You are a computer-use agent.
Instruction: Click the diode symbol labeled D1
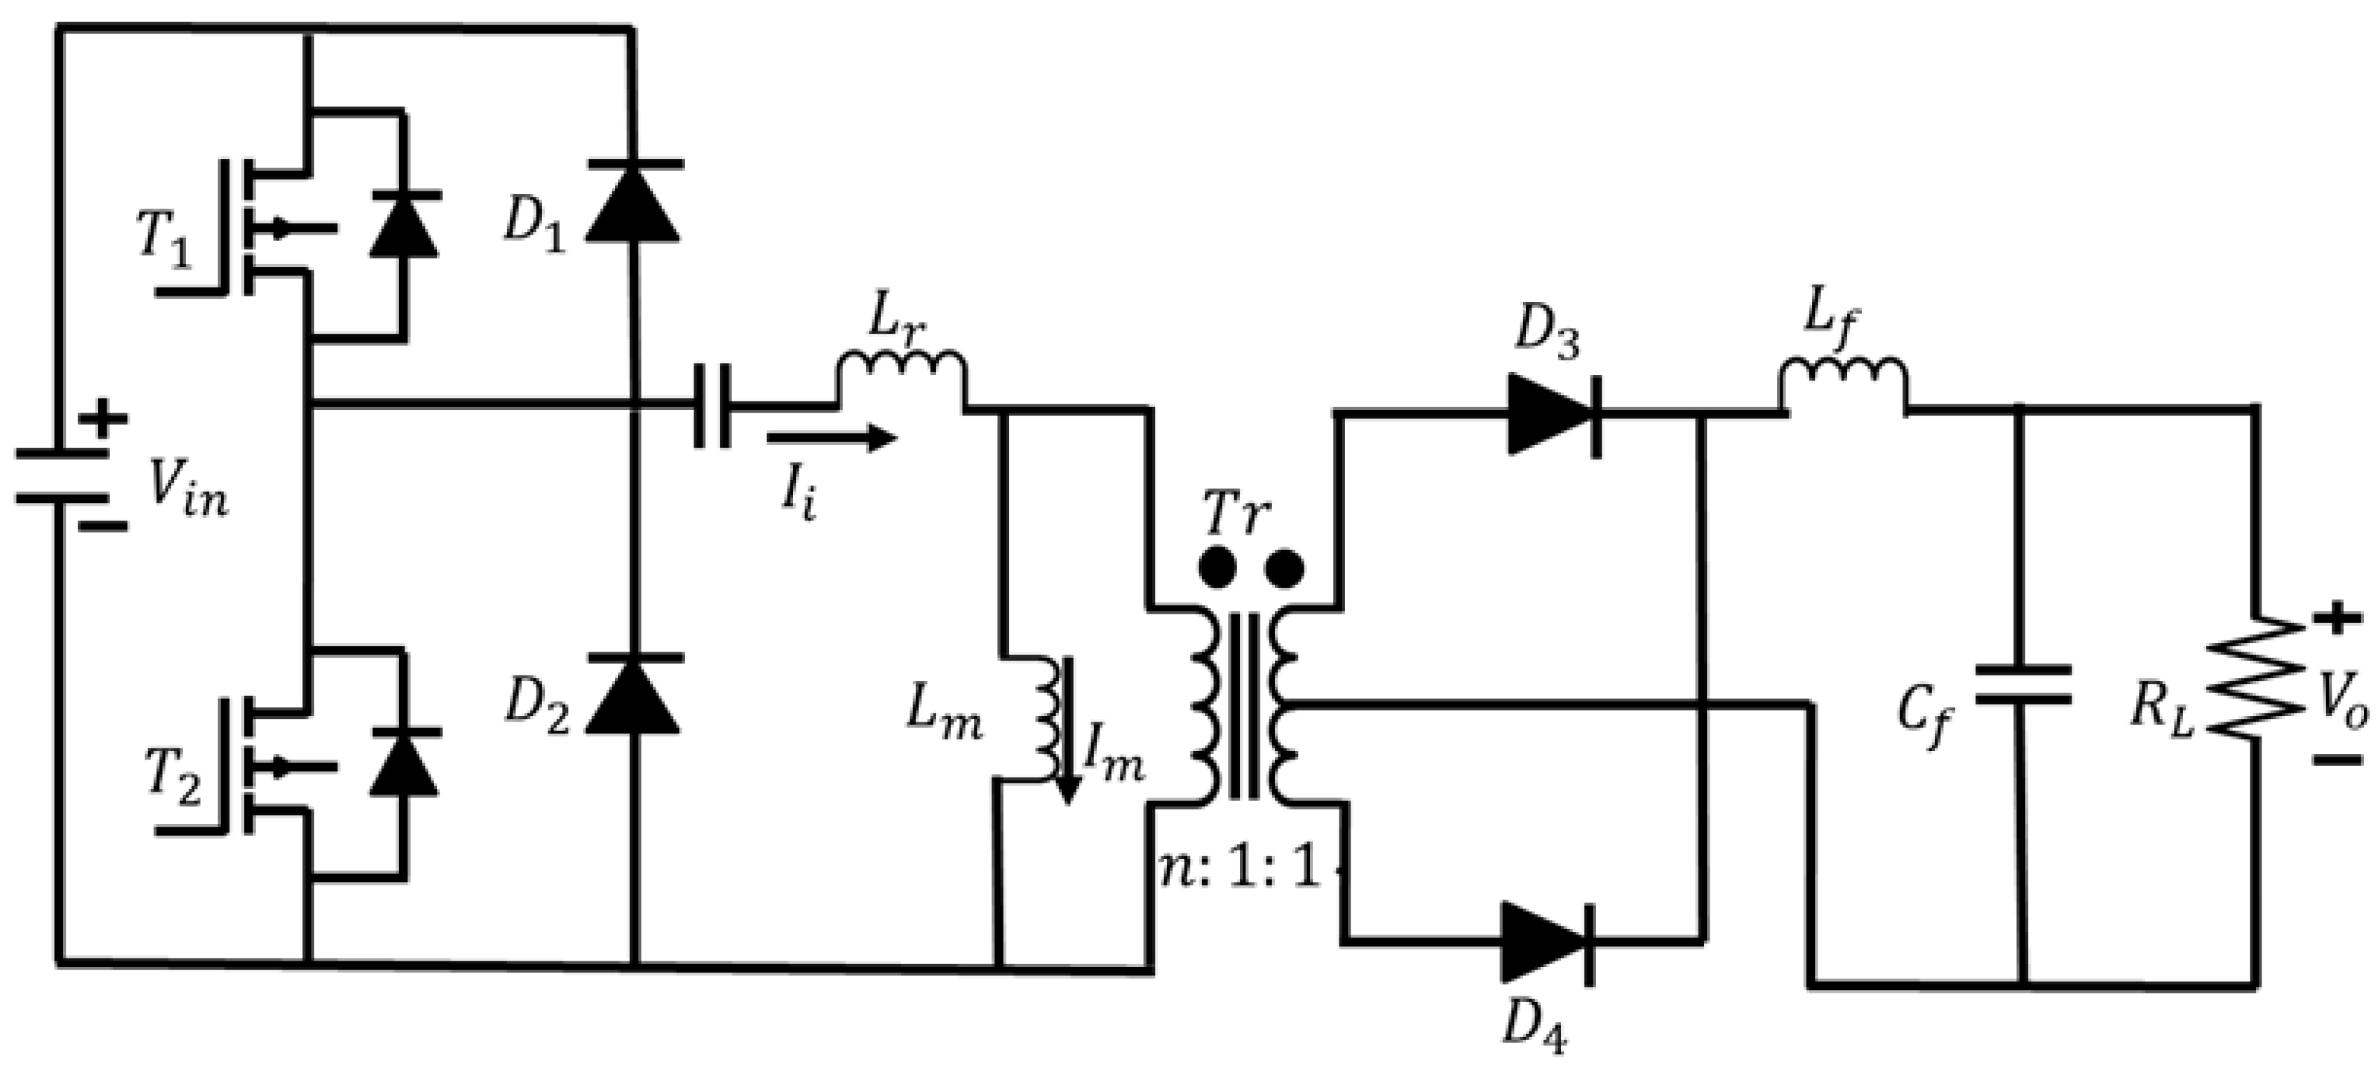pos(634,202)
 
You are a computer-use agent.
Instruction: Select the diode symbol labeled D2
pos(634,694)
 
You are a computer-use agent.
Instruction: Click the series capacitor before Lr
pos(712,405)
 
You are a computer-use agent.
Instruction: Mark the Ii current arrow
pos(831,438)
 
